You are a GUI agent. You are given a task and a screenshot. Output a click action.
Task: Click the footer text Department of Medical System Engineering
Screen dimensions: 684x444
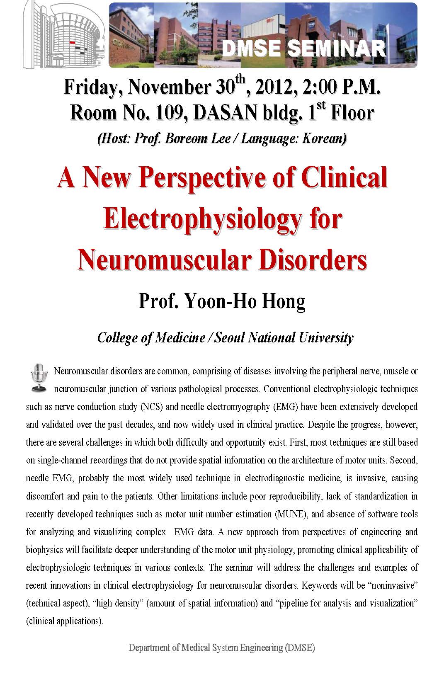coord(222,648)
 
